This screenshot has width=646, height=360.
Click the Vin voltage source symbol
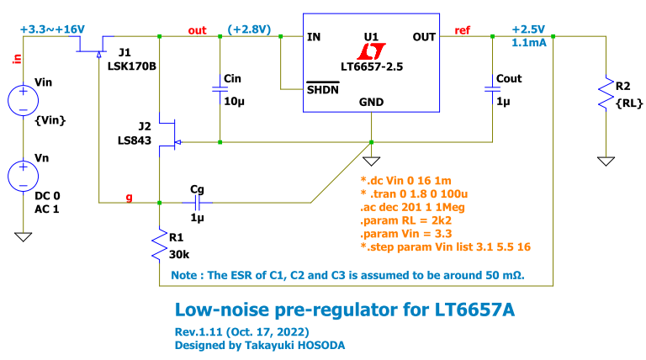pyautogui.click(x=21, y=100)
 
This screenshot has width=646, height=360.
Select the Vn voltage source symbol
pyautogui.click(x=21, y=177)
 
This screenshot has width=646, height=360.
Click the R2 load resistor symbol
pyautogui.click(x=604, y=93)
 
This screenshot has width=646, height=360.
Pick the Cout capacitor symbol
pyautogui.click(x=493, y=90)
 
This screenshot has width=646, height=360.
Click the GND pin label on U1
pyautogui.click(x=372, y=102)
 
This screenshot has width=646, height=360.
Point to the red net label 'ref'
pyautogui.click(x=463, y=30)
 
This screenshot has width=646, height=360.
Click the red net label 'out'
pyautogui.click(x=197, y=30)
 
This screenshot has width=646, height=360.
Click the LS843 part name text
pyautogui.click(x=135, y=141)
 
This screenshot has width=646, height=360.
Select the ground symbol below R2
pyautogui.click(x=604, y=159)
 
